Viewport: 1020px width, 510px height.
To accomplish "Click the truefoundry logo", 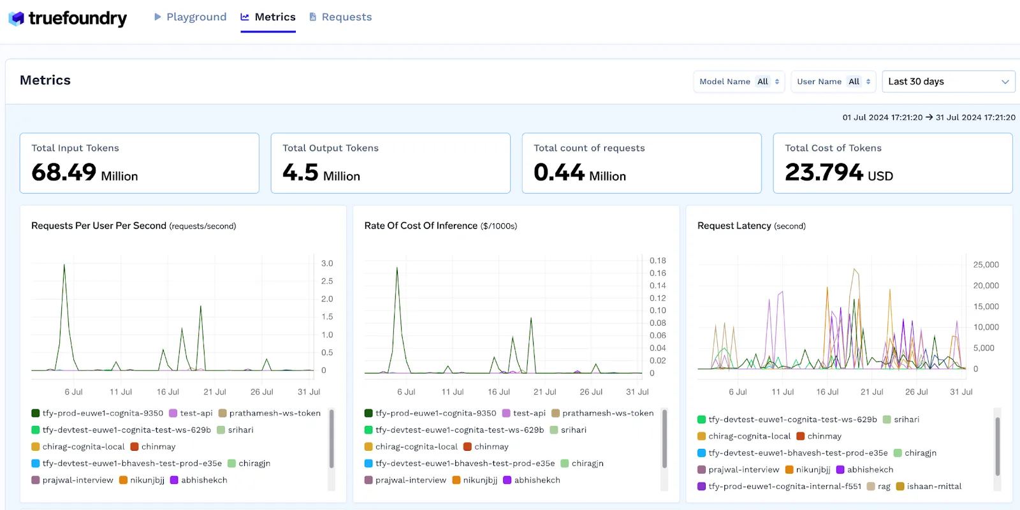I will tap(68, 18).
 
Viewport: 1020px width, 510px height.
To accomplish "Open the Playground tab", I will tap(190, 17).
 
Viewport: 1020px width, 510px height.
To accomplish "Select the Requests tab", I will tap(340, 17).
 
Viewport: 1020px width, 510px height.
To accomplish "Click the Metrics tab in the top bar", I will tap(268, 17).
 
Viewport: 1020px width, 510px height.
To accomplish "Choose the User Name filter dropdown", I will tap(833, 82).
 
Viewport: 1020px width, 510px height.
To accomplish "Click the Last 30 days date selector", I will tap(948, 82).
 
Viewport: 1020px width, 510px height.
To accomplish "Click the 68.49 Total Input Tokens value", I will tap(64, 173).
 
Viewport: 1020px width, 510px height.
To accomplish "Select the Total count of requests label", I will tap(589, 148).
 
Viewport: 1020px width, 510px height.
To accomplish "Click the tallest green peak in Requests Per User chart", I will tap(64, 266).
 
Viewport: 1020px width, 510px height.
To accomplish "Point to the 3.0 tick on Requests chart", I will tap(327, 263).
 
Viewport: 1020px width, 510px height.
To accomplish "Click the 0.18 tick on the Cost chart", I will tap(657, 261).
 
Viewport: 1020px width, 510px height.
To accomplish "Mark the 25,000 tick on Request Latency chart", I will tap(986, 265).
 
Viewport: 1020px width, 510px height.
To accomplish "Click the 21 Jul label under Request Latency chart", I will tap(871, 392).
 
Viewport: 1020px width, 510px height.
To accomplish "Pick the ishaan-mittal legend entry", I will tap(933, 486).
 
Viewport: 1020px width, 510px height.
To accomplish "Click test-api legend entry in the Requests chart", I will tap(196, 413).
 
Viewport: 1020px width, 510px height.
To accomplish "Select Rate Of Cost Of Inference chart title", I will tap(421, 226).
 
